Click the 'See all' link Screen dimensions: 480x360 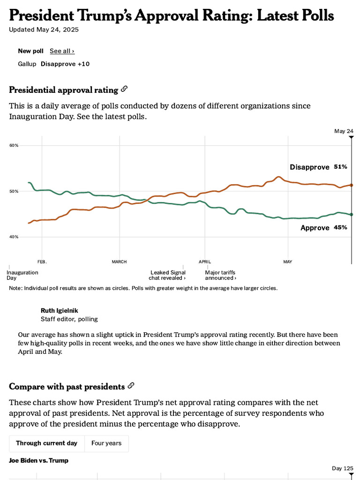[62, 51]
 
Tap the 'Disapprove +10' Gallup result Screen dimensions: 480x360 [65, 64]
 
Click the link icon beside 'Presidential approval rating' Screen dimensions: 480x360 [124, 89]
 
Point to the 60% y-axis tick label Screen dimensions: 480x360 [14, 145]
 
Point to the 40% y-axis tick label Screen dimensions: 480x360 [14, 237]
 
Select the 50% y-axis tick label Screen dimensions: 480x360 [14, 191]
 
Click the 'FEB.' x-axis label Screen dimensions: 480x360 [42, 262]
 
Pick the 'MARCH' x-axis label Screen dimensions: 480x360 [119, 262]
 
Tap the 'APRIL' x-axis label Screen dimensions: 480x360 [204, 262]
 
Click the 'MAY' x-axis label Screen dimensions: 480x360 [287, 262]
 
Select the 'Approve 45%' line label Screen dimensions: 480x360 [323, 227]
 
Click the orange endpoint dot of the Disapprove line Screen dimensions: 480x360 [352, 185]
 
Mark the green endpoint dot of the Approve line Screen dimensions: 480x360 [352, 214]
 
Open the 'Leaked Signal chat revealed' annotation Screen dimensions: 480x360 [168, 275]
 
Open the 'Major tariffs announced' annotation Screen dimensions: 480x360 [220, 275]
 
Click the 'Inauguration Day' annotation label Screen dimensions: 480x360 [22, 275]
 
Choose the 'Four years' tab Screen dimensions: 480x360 [106, 443]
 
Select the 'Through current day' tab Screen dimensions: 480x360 [47, 443]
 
